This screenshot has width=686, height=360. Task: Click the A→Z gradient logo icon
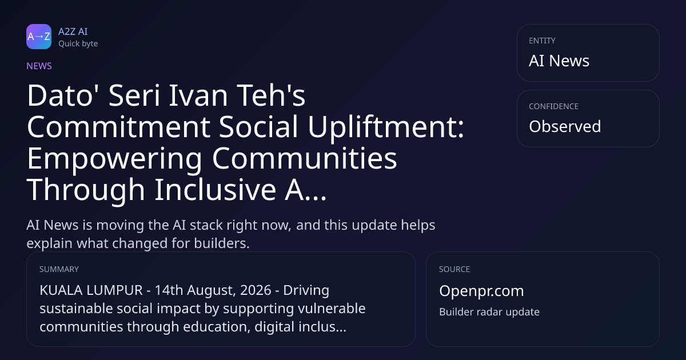pos(39,37)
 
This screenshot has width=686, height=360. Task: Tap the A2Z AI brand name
pos(73,31)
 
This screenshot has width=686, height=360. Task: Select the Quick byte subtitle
pos(78,44)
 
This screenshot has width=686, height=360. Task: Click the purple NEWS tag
pos(39,66)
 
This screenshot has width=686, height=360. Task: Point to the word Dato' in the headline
pos(59,95)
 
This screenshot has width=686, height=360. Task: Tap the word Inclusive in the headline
pos(216,190)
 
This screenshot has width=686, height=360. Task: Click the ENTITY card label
pos(542,41)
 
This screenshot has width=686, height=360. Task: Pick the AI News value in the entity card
pos(559,61)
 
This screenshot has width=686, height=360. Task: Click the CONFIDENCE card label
pos(554,106)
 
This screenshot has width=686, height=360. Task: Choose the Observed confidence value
pos(565,126)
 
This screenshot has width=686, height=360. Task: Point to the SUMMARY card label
pos(59,269)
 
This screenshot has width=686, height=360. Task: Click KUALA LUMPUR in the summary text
pos(91,290)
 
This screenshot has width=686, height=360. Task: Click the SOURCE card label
pos(454,269)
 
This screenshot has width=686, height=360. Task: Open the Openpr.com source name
pos(481,291)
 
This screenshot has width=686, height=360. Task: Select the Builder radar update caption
pos(489,312)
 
